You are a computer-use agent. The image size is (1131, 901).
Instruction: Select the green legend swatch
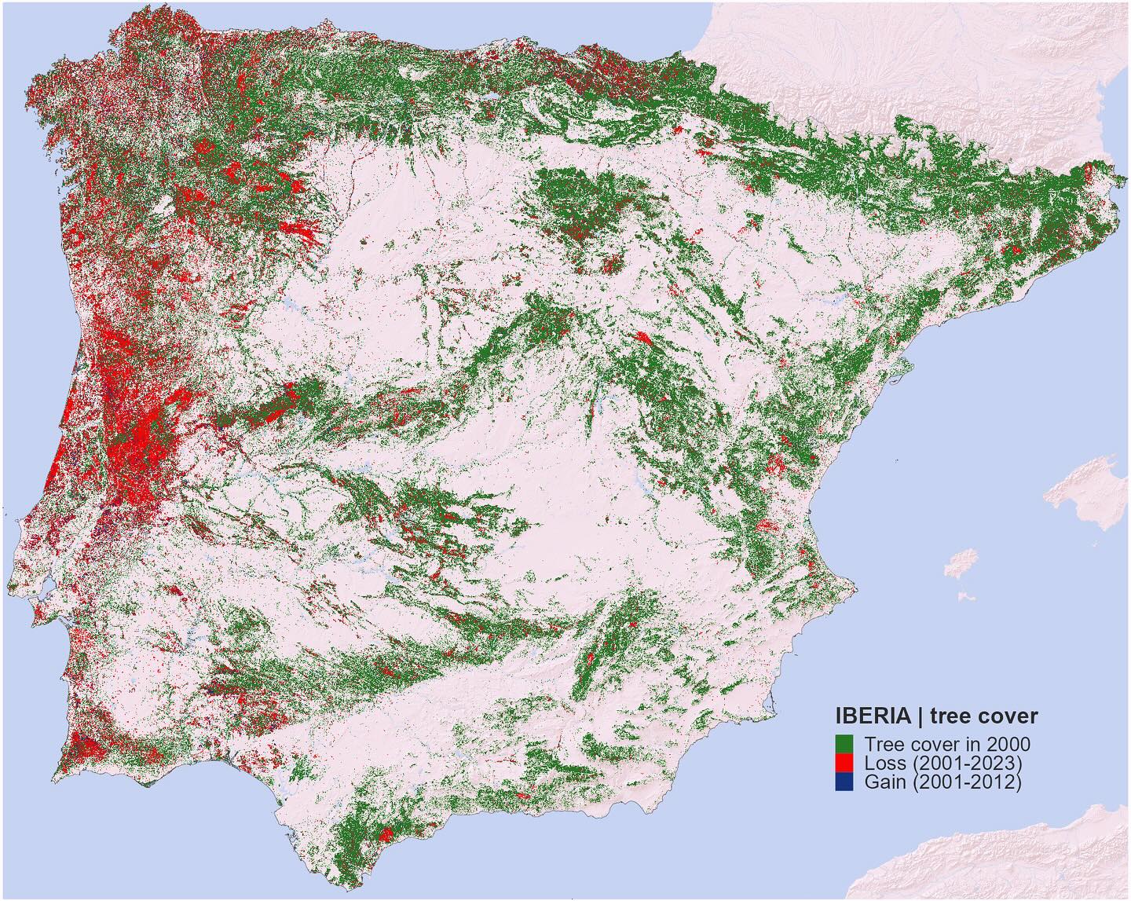pos(844,743)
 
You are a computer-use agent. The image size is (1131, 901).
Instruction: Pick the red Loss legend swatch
pos(844,763)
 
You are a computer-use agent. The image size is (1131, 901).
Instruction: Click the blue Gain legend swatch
pos(844,782)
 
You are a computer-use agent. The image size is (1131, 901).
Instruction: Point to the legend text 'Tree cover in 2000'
pos(947,744)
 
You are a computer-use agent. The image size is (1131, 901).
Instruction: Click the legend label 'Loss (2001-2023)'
pos(942,763)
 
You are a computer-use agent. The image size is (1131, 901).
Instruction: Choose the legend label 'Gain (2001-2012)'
pos(942,782)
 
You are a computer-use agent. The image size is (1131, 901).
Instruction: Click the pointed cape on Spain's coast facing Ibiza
pos(852,586)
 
